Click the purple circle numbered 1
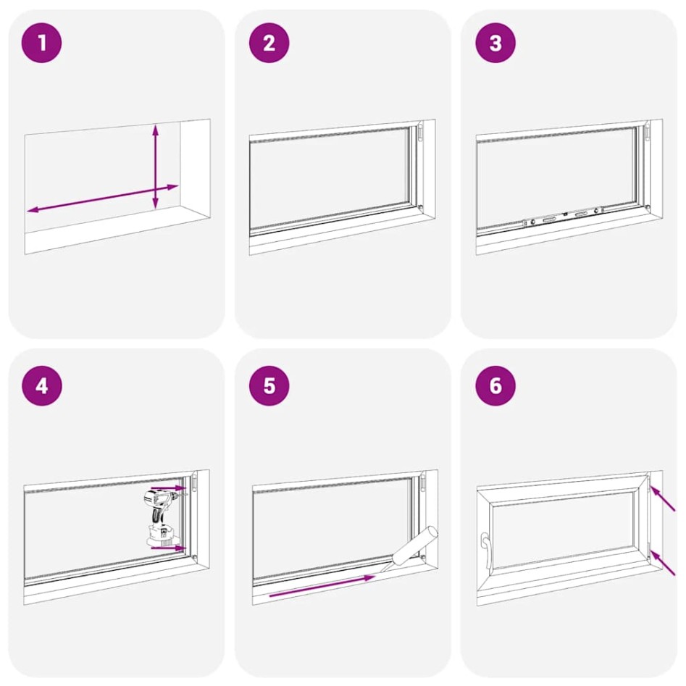[42, 43]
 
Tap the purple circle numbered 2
[269, 43]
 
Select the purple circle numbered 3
[495, 43]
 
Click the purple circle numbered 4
[42, 385]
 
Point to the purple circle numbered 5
[269, 385]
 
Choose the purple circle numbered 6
[495, 385]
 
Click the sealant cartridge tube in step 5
[414, 547]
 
